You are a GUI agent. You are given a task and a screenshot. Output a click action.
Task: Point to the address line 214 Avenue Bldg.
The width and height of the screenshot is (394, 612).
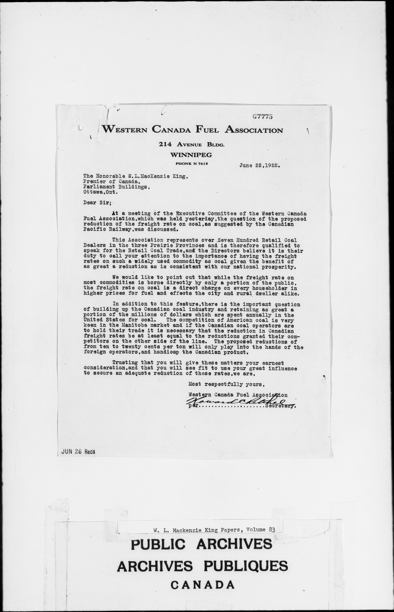[x=192, y=145]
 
